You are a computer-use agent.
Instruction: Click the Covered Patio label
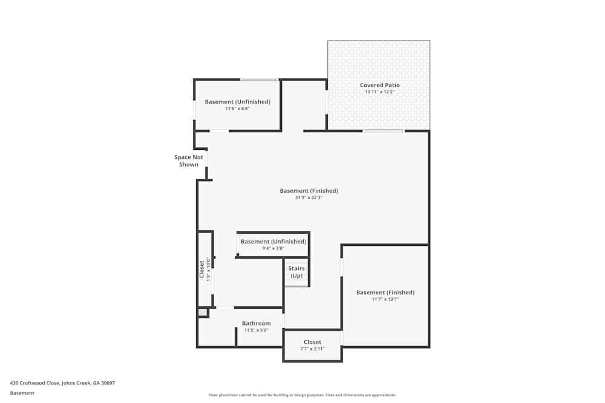pyautogui.click(x=379, y=85)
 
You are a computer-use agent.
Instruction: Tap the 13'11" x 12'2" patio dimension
pyautogui.click(x=379, y=92)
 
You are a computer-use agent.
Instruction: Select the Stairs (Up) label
pyautogui.click(x=296, y=272)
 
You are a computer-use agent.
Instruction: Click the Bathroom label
pyautogui.click(x=257, y=323)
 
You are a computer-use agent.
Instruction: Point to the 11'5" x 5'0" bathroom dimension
pyautogui.click(x=257, y=330)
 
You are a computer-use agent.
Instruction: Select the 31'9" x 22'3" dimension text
pyautogui.click(x=309, y=198)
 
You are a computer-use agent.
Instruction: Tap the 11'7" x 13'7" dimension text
pyautogui.click(x=385, y=299)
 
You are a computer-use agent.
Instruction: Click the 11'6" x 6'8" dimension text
pyautogui.click(x=237, y=109)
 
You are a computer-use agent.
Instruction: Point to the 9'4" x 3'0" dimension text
pyautogui.click(x=272, y=248)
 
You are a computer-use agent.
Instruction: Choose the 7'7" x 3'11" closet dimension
pyautogui.click(x=313, y=349)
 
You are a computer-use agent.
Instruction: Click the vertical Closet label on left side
pyautogui.click(x=202, y=269)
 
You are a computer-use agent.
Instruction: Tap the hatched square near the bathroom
pyautogui.click(x=203, y=312)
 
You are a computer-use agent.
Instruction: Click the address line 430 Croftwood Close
pyautogui.click(x=62, y=383)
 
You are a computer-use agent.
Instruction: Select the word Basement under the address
pyautogui.click(x=22, y=393)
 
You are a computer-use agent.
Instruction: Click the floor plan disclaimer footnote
pyautogui.click(x=302, y=395)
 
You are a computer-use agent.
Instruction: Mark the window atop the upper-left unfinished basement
pyautogui.click(x=259, y=79)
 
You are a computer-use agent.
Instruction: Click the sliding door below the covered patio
pyautogui.click(x=384, y=131)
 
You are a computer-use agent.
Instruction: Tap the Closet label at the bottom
pyautogui.click(x=313, y=342)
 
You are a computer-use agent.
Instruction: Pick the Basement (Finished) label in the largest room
pyautogui.click(x=309, y=191)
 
